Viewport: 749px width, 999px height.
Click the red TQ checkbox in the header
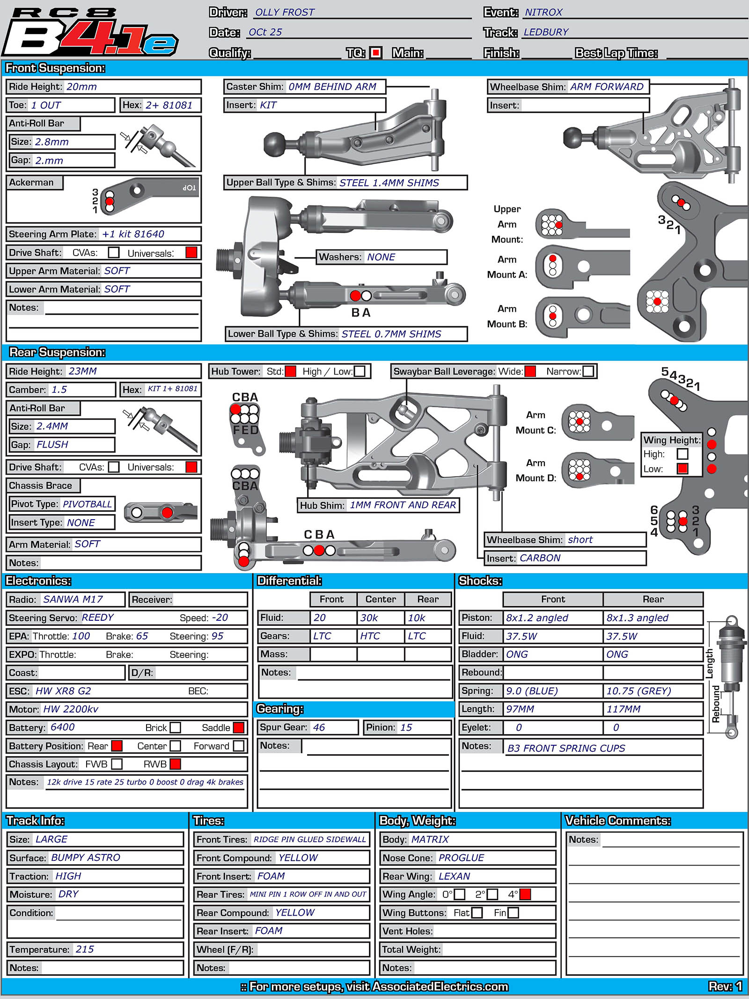pos(375,52)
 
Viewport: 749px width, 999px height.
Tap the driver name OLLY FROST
pos(285,12)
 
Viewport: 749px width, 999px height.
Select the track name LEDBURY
pos(546,32)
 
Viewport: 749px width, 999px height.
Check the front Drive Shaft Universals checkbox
pos(191,252)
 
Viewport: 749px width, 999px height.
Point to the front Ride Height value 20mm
pos(81,87)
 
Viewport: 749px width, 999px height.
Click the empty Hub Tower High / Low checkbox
pos(360,371)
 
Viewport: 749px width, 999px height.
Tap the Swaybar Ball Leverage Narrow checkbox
pos(588,371)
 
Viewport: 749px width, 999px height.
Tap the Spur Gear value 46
pos(319,727)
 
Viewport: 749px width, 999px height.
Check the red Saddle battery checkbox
pos(239,727)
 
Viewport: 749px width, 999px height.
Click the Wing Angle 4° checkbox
pos(525,894)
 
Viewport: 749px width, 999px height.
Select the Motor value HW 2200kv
pos(71,709)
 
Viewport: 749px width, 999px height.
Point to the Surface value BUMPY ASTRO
pos(86,857)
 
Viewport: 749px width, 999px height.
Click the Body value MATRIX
pos(430,839)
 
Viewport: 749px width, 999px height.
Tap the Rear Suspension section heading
pos(57,352)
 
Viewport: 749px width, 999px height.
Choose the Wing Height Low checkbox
pos(683,469)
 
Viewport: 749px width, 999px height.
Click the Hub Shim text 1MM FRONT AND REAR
pos(403,505)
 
